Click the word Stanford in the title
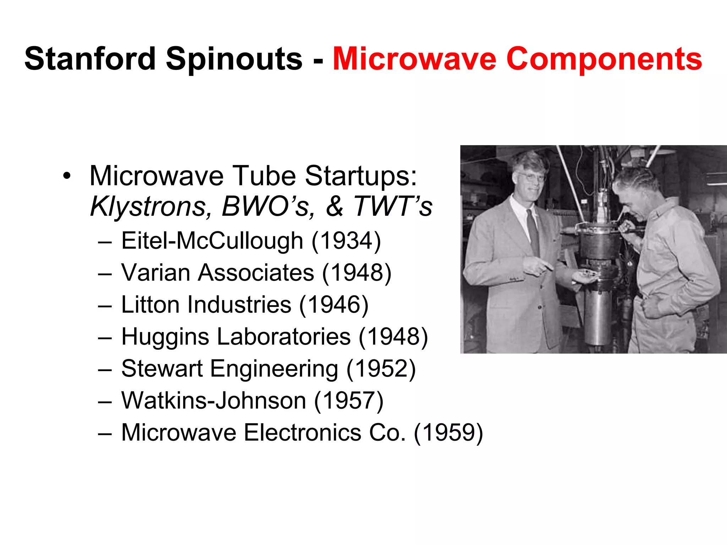[x=90, y=59]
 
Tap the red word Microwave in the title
[x=414, y=59]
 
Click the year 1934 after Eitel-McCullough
[x=346, y=241]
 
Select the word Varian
[x=156, y=272]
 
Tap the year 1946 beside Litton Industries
[x=334, y=304]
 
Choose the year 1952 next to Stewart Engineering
[x=381, y=369]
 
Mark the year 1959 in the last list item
[x=448, y=433]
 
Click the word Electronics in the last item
[x=302, y=433]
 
